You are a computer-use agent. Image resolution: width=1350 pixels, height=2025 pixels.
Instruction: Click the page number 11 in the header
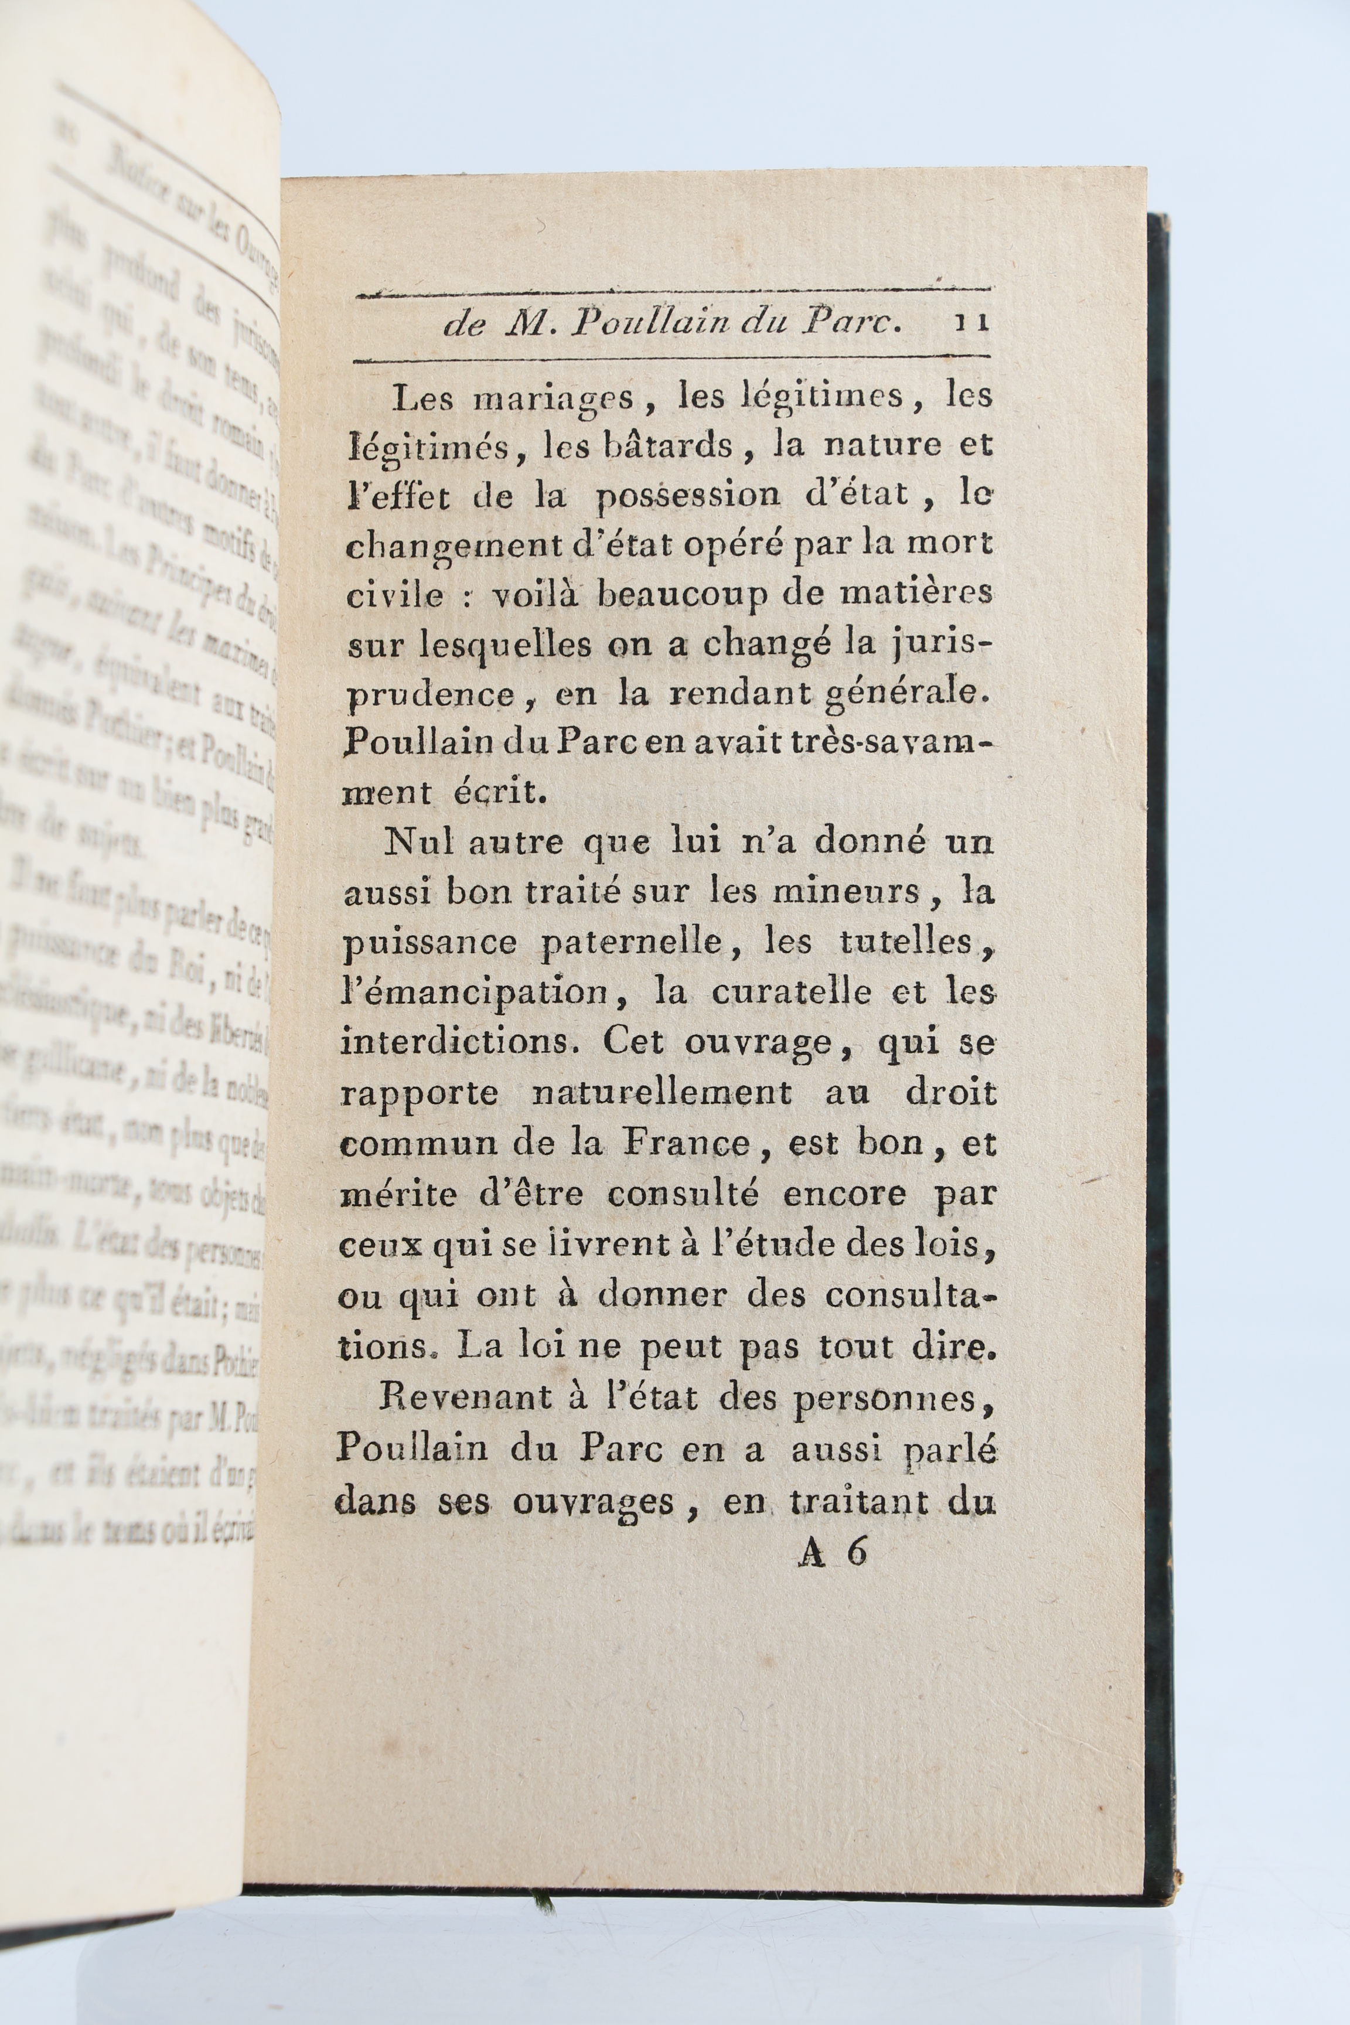tap(971, 322)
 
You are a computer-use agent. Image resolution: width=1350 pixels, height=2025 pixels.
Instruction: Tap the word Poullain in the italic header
tap(654, 322)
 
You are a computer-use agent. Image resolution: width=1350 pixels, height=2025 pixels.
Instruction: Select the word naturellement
tap(661, 1093)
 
